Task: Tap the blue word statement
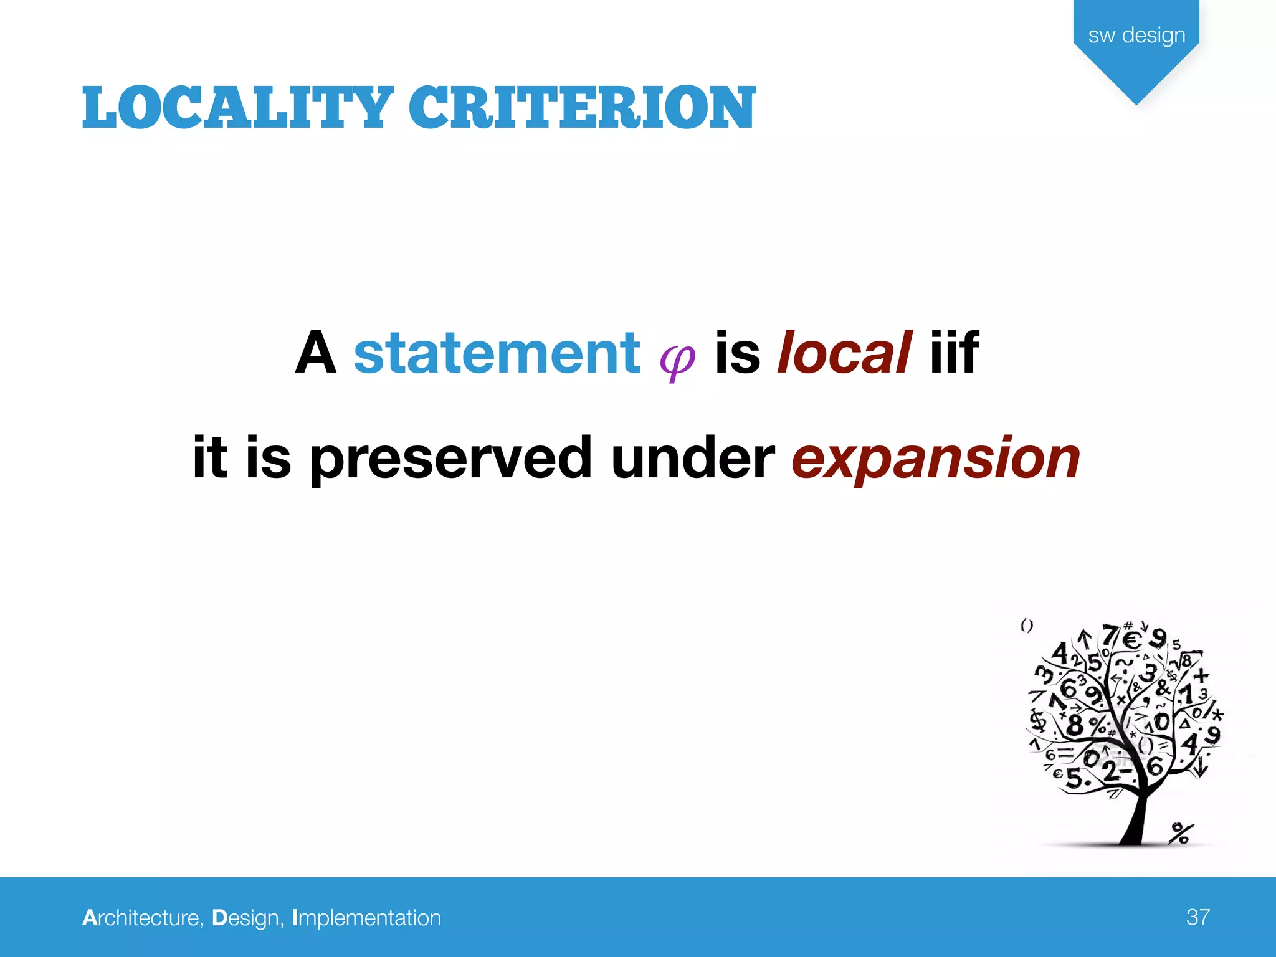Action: click(497, 353)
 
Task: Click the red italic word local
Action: click(844, 353)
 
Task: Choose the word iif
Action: click(954, 353)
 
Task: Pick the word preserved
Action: click(450, 459)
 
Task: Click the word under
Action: click(692, 459)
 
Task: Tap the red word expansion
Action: click(936, 459)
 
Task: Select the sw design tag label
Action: click(1136, 36)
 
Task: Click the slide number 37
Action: click(1198, 917)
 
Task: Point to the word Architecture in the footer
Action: click(143, 918)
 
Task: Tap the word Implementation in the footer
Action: click(366, 918)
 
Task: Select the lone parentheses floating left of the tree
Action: click(1027, 626)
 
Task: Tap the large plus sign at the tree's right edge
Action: click(1201, 675)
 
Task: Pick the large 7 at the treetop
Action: click(1110, 636)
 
